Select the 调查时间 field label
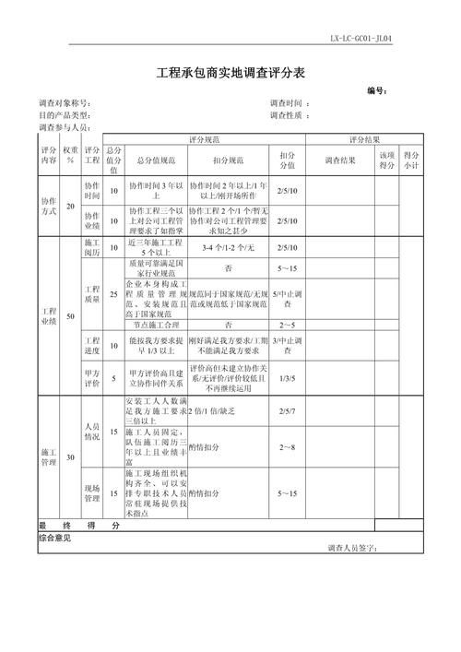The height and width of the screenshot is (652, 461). [x=289, y=103]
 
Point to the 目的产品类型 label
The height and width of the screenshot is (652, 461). [x=64, y=115]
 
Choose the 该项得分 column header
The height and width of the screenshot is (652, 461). [x=387, y=160]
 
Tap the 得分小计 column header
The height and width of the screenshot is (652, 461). [x=411, y=160]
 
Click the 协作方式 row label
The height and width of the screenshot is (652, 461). [x=49, y=206]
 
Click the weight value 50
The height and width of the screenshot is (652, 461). [x=71, y=316]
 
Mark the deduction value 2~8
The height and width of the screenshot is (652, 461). [x=287, y=447]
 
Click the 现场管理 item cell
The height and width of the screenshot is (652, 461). [x=92, y=493]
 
